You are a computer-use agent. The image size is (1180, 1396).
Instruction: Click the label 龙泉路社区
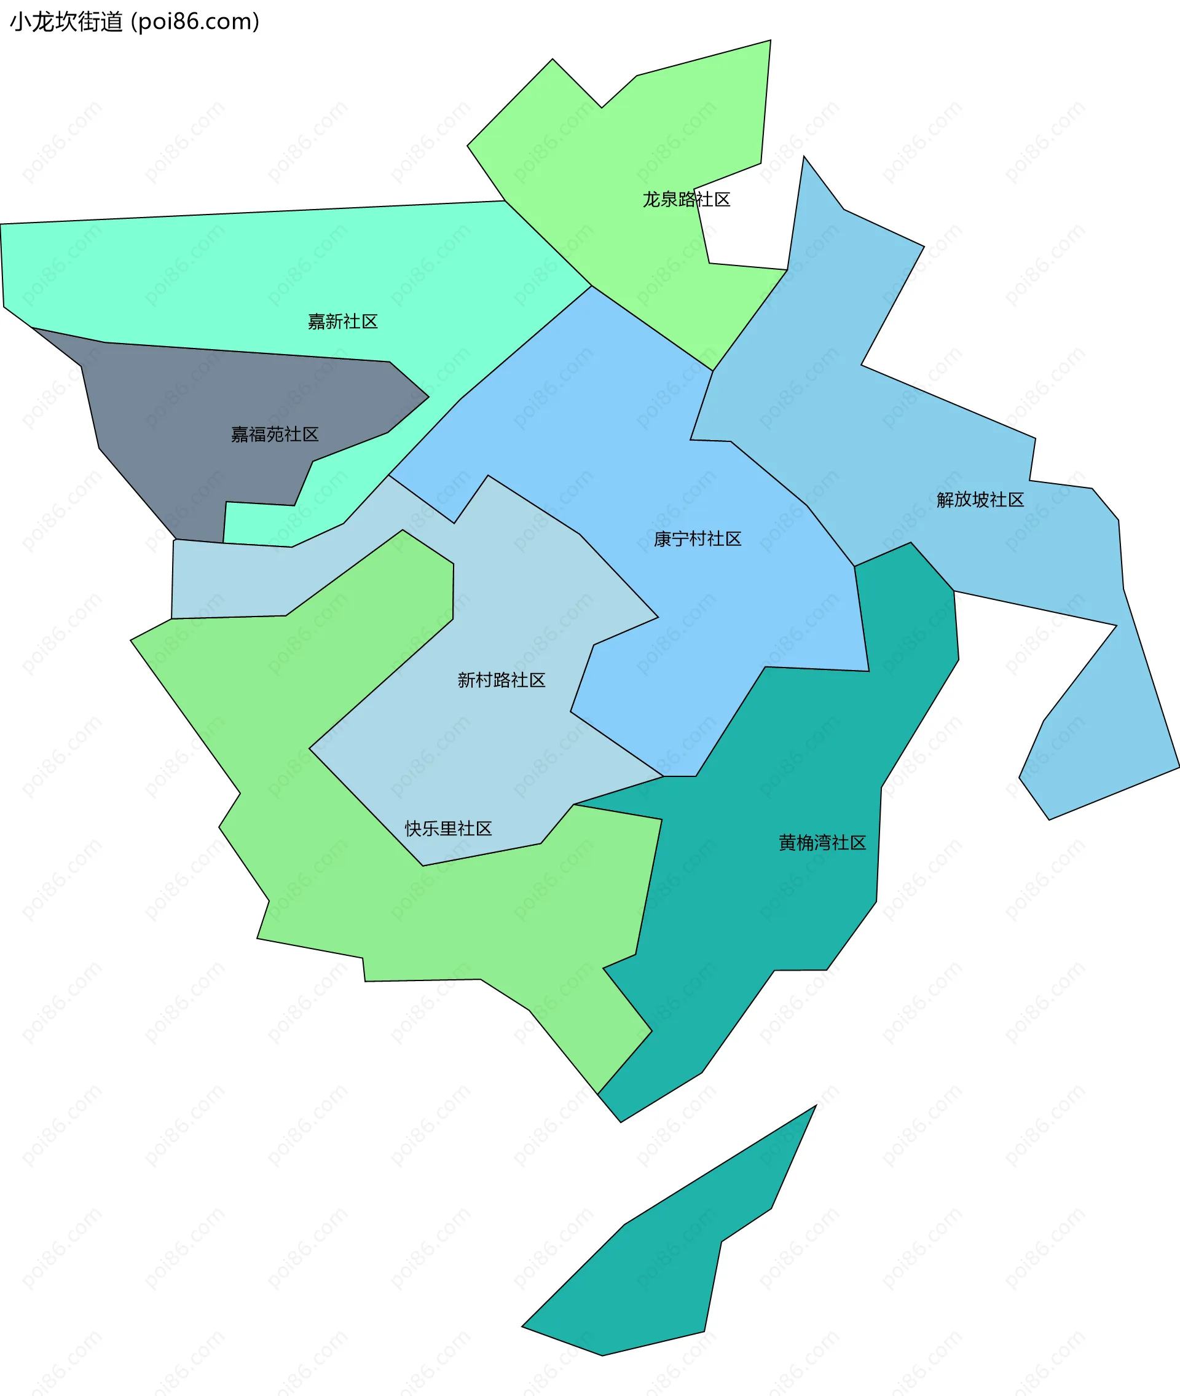(686, 199)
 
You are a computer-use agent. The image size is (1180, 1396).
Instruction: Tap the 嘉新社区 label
(342, 321)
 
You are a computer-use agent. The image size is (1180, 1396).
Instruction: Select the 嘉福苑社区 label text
(274, 435)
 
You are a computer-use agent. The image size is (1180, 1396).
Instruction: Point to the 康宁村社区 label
(697, 539)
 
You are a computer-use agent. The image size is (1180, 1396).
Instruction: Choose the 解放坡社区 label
(980, 500)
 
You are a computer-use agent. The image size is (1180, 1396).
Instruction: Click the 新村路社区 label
(501, 680)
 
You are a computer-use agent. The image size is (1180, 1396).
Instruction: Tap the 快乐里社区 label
(448, 829)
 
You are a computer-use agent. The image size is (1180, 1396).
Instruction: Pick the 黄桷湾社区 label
(822, 843)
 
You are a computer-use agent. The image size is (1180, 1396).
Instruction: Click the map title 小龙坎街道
(66, 22)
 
